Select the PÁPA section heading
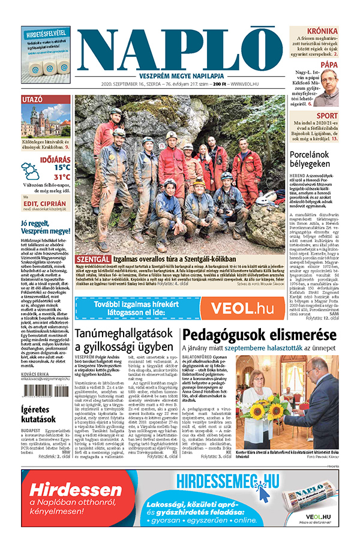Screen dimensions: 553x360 tap(329, 64)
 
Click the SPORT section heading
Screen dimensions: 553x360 tap(327, 116)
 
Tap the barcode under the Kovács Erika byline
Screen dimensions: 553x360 tap(46, 390)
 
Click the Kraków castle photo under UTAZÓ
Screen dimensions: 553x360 tap(46, 122)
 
